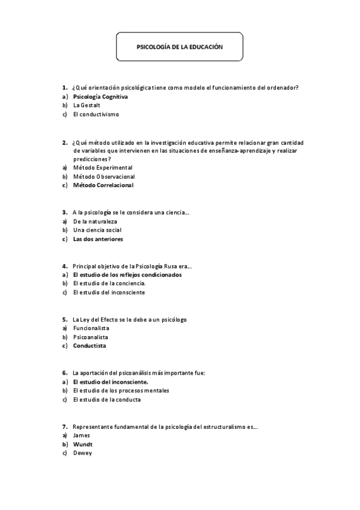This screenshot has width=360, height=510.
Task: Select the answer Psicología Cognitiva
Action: [100, 96]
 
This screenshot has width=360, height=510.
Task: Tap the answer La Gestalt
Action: [87, 105]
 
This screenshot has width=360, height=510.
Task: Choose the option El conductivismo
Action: [96, 114]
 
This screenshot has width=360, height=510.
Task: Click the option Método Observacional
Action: [103, 177]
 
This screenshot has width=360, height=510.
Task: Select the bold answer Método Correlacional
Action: [103, 186]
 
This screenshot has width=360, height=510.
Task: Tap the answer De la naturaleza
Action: [95, 221]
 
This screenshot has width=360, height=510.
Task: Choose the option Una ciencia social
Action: [97, 230]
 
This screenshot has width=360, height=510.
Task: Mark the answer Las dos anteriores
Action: [98, 239]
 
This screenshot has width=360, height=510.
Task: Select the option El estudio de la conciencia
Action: [109, 284]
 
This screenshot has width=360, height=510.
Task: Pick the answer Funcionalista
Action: [91, 328]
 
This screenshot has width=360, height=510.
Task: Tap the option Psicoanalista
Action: [90, 337]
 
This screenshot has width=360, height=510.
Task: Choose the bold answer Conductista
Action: [90, 346]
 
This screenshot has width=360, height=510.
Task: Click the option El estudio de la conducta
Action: [109, 399]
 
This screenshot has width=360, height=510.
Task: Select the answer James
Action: [81, 435]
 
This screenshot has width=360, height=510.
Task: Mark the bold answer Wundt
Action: [82, 444]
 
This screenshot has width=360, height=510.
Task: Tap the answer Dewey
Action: [82, 453]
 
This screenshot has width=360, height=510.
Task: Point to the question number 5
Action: [64, 319]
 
